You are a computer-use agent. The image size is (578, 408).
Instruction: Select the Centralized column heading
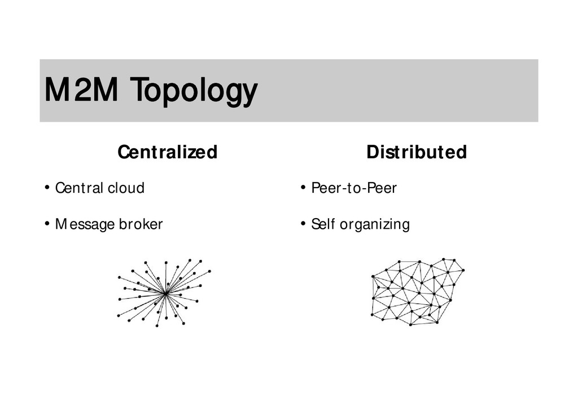coord(167,152)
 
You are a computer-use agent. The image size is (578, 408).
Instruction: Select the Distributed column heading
coord(417,152)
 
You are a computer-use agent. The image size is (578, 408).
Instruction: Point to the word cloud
coord(126,188)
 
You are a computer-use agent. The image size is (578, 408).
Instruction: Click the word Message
coord(85,224)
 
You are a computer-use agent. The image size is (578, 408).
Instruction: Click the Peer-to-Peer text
coord(354,188)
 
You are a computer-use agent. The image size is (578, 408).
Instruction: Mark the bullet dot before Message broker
coord(47,224)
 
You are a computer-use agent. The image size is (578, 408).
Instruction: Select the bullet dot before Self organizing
coord(303,224)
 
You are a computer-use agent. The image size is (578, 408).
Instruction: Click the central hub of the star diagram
coord(164,294)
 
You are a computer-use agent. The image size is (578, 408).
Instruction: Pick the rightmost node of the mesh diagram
coord(463,270)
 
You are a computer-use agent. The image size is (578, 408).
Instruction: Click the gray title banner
coord(395,90)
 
